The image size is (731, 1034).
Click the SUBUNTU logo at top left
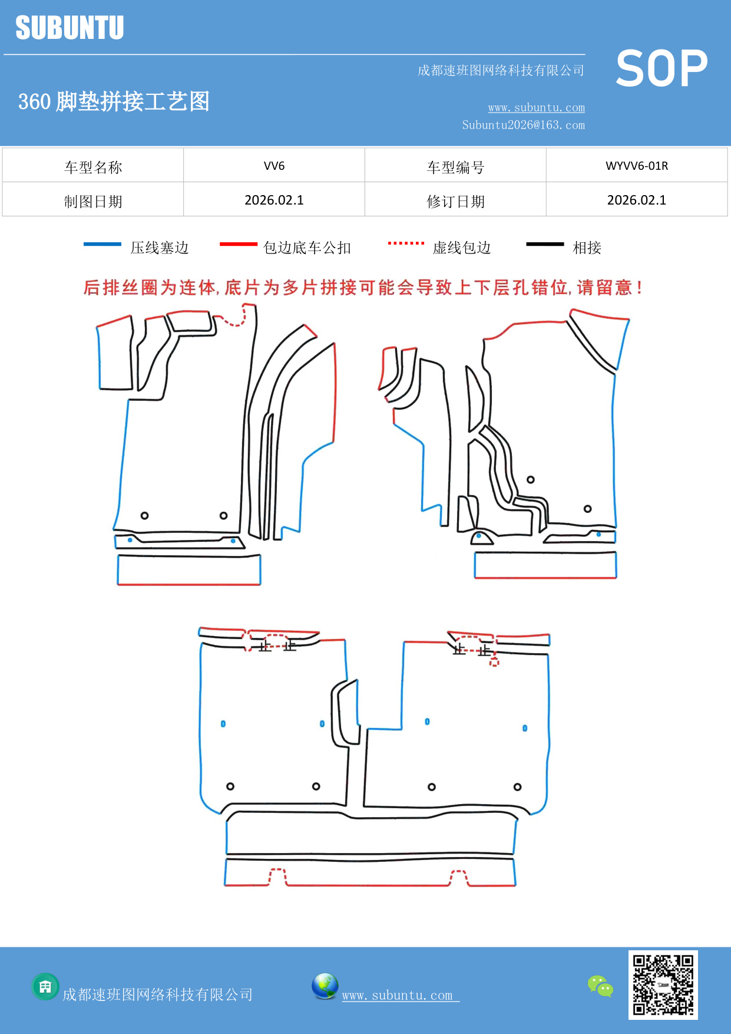[x=70, y=28]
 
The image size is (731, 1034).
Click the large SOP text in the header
[x=661, y=68]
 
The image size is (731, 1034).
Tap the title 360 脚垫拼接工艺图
[x=114, y=101]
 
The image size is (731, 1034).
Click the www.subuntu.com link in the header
[x=536, y=107]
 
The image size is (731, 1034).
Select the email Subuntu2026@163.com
[x=523, y=125]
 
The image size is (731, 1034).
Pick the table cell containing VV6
[x=274, y=166]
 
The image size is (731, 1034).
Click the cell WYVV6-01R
[x=636, y=166]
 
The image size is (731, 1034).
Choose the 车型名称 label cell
[x=93, y=167]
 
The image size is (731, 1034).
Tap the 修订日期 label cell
[x=455, y=201]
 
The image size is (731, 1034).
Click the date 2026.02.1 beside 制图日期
[x=274, y=200]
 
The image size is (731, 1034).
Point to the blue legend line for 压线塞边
[x=102, y=244]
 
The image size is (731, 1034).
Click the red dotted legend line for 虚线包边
[x=406, y=243]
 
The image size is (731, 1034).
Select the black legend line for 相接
[x=545, y=244]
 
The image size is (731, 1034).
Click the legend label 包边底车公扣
[x=307, y=248]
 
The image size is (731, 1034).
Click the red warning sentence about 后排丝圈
[x=362, y=288]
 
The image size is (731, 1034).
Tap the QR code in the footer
[x=663, y=984]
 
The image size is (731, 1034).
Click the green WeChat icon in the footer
[x=600, y=986]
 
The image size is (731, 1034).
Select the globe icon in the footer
[x=325, y=986]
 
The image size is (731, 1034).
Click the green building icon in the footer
[x=45, y=986]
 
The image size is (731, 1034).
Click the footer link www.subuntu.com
[x=398, y=995]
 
